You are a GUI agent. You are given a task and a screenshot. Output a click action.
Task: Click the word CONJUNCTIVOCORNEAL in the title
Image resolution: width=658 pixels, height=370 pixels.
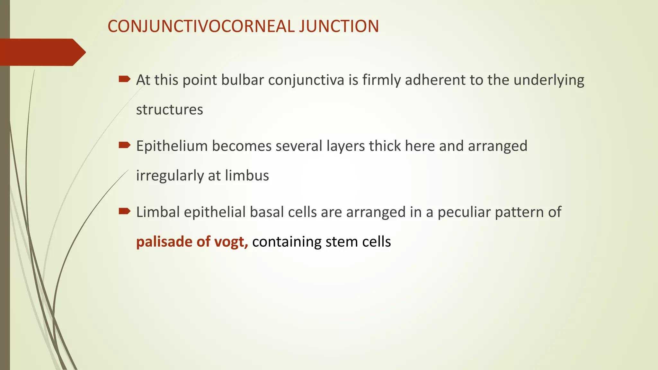click(x=201, y=26)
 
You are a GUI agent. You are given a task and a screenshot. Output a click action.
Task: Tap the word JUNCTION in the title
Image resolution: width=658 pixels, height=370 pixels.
click(x=339, y=26)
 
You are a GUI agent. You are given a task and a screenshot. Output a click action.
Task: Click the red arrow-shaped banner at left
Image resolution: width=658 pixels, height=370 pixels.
click(x=42, y=52)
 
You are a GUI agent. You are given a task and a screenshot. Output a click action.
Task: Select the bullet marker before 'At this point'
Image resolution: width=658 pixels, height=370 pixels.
click(x=124, y=79)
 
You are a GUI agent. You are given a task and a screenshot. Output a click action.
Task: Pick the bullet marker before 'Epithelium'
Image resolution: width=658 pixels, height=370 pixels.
click(x=124, y=145)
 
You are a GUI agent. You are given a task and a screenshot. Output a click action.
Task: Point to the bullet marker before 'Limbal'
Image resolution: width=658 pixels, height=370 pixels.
click(x=124, y=211)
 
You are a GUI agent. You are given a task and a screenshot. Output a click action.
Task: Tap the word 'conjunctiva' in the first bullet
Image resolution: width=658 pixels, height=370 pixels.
click(x=306, y=80)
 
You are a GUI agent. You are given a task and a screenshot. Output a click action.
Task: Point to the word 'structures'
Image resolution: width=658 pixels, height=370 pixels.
click(x=170, y=110)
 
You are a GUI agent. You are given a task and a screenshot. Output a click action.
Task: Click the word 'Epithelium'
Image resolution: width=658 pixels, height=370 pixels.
click(x=172, y=146)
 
